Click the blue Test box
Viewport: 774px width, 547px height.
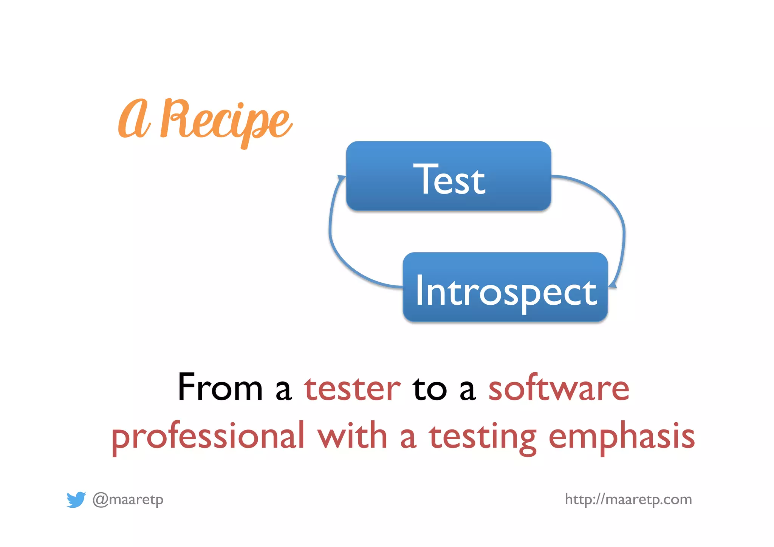coord(448,176)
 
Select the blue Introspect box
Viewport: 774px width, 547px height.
coord(505,287)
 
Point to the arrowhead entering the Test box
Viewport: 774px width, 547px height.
coord(342,178)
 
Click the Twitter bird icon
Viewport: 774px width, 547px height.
coord(76,499)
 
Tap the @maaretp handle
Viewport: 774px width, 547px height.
coord(128,499)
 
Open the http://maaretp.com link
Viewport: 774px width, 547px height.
coord(628,499)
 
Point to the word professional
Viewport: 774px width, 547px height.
coord(208,437)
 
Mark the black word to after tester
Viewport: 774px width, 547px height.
coord(430,389)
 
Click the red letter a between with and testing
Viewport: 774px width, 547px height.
coord(408,439)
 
